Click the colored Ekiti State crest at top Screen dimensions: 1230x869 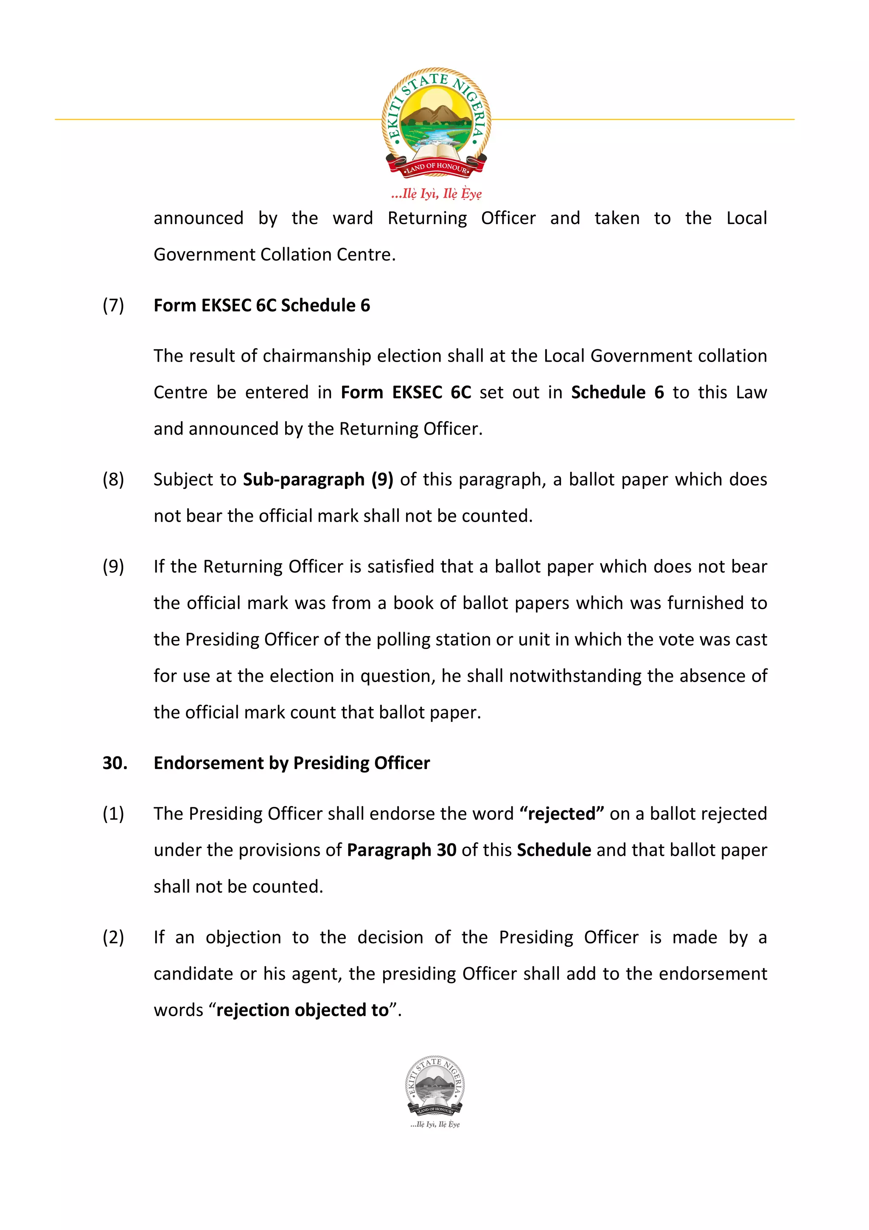[x=436, y=122]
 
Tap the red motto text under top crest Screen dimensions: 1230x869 [x=436, y=194]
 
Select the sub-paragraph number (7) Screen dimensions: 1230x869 [x=113, y=305]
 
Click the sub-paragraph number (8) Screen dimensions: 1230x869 [x=113, y=480]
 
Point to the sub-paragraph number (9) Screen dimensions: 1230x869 [x=113, y=567]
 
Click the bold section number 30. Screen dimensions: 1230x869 [x=115, y=763]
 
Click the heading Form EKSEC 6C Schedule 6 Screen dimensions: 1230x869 [x=261, y=305]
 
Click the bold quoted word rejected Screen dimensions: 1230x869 [x=562, y=814]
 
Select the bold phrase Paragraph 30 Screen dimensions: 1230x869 [x=401, y=850]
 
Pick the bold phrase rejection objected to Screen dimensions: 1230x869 [x=302, y=1010]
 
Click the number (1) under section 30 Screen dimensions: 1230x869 [x=113, y=814]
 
